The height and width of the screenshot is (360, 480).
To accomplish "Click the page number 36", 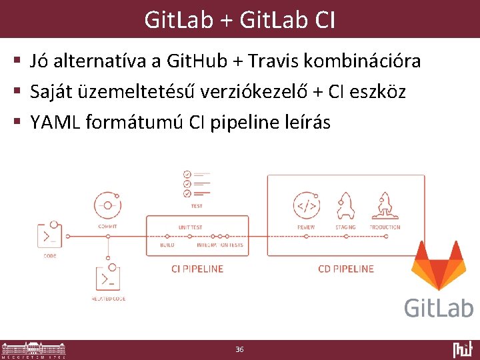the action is [x=240, y=349].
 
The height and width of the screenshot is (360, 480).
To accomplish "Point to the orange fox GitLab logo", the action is [x=438, y=267].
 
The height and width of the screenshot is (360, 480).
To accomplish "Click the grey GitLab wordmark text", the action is [x=438, y=307].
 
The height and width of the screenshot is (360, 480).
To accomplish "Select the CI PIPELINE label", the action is [x=197, y=269].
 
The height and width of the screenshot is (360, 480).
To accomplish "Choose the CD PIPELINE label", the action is [x=346, y=269].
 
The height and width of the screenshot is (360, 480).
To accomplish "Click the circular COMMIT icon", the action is [x=107, y=205].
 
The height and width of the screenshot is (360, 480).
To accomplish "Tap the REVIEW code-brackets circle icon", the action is [x=306, y=206].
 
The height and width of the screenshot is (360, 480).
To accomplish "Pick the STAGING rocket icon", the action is [x=345, y=206].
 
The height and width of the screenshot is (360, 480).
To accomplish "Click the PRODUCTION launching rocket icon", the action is [x=385, y=206].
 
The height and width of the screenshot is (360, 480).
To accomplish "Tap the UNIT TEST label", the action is [x=190, y=227].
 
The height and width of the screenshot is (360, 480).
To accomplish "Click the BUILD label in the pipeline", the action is [x=167, y=245].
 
